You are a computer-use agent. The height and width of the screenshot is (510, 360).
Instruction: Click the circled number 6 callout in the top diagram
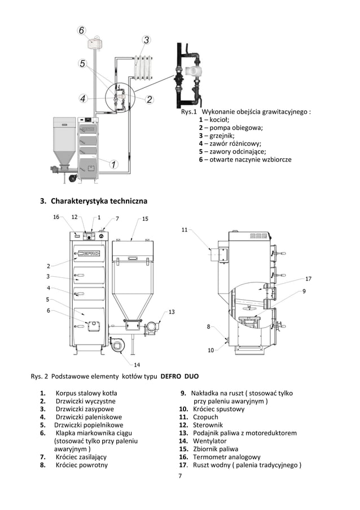tap(82, 30)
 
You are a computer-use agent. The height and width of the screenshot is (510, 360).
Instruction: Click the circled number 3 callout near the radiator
tap(146, 40)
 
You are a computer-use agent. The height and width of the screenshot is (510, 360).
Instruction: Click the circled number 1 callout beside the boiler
tap(113, 164)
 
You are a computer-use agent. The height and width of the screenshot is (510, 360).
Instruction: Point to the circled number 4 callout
tap(83, 99)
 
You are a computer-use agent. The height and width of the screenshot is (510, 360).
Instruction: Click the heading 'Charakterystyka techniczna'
tap(99, 201)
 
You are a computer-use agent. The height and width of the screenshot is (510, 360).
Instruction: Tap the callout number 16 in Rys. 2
tap(56, 217)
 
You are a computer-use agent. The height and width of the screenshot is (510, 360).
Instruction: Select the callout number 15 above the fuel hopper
tap(145, 218)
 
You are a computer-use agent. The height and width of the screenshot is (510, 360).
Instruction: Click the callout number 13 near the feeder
tap(171, 312)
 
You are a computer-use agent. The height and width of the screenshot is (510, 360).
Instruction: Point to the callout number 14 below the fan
tap(137, 364)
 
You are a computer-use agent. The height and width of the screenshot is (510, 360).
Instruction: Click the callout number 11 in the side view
tap(185, 229)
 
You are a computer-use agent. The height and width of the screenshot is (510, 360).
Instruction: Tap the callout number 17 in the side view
tap(309, 278)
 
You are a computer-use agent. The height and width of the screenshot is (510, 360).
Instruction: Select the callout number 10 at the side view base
tap(210, 350)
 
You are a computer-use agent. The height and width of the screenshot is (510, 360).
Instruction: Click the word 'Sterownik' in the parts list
tap(208, 425)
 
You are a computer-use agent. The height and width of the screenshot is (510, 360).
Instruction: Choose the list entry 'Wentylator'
tap(209, 441)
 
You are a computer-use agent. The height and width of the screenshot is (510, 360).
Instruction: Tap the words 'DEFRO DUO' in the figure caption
tap(179, 376)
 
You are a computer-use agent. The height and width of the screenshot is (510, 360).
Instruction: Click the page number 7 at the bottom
tap(179, 477)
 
